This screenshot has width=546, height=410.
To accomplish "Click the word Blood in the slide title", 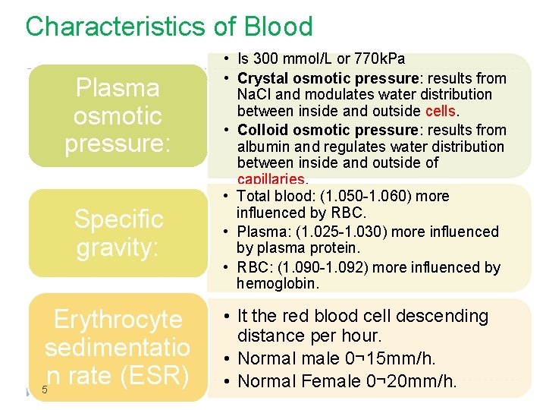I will click(x=278, y=27).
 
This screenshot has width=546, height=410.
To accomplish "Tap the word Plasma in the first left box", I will click(x=118, y=88).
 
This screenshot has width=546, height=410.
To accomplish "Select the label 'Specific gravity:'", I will click(x=118, y=233).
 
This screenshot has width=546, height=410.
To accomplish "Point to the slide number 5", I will click(x=45, y=390).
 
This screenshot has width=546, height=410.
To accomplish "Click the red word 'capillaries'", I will click(x=271, y=180).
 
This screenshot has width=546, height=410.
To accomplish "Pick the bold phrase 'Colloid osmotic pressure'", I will click(x=328, y=129).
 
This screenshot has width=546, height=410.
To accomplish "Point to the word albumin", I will click(x=260, y=146).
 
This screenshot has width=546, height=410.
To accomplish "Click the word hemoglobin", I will click(x=267, y=284).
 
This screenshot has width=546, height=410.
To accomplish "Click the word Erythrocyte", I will click(x=118, y=320).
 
